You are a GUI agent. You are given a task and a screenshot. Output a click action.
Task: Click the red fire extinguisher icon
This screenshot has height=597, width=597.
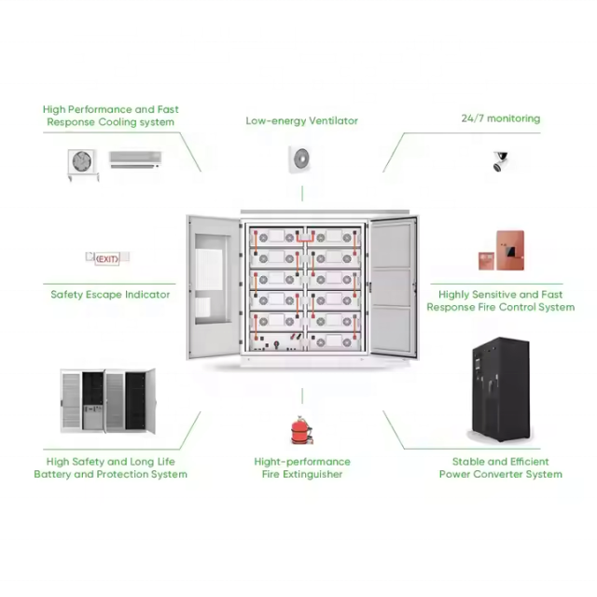[x=301, y=430]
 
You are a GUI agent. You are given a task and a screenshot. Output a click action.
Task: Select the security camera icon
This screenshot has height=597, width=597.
[x=501, y=160]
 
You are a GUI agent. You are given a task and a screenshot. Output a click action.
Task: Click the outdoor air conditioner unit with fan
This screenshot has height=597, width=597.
[x=83, y=161]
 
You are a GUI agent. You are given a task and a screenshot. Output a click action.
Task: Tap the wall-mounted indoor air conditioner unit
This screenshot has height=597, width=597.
[x=134, y=159]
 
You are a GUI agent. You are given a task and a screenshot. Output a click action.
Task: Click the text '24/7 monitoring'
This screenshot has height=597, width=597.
[x=500, y=118]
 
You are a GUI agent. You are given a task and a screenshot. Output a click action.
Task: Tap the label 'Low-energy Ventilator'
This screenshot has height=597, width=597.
[x=301, y=120]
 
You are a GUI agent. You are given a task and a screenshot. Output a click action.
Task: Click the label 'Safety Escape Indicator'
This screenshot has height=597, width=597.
[x=110, y=294]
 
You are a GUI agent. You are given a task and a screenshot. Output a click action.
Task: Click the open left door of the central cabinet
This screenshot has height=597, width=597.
[x=214, y=285]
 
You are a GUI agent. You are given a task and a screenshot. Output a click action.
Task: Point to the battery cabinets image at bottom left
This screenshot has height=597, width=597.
[x=107, y=399]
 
